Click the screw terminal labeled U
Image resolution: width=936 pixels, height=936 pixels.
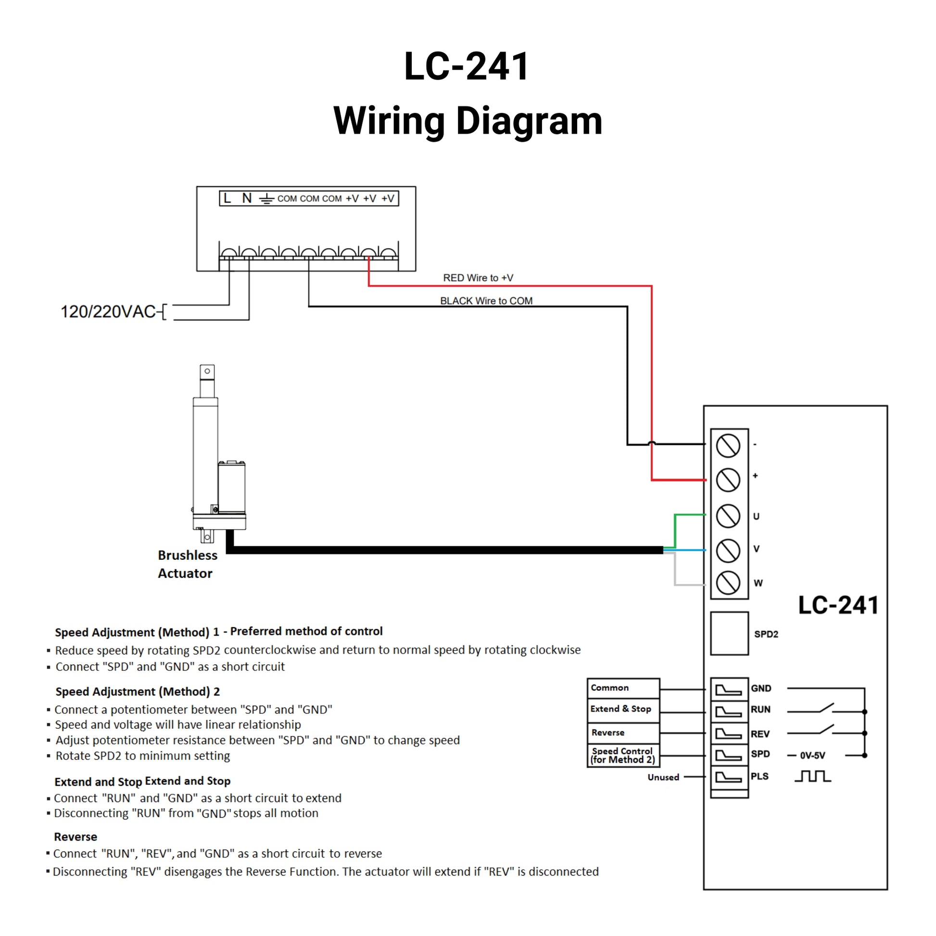(x=728, y=516)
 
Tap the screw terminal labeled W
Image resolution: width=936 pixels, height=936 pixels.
(x=728, y=582)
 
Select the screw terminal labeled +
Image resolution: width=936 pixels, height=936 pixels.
(x=728, y=480)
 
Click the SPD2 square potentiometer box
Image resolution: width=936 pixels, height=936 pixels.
(x=729, y=633)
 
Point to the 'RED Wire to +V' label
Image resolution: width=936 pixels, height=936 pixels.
(x=478, y=278)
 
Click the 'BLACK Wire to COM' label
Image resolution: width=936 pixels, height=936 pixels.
(x=486, y=301)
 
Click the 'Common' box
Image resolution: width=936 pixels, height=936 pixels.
(x=623, y=688)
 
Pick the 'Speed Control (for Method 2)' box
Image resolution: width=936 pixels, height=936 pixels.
(x=623, y=755)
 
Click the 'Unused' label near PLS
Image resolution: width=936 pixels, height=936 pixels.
(x=663, y=777)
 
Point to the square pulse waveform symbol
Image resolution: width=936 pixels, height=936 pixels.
(x=812, y=777)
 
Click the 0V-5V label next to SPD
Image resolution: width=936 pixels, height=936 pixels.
(x=812, y=755)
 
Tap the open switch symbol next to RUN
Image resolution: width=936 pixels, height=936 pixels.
(x=825, y=708)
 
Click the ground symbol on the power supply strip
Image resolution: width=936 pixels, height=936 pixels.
(x=266, y=199)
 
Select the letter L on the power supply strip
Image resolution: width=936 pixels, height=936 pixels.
(x=227, y=198)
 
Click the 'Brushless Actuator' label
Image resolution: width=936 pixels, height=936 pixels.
(x=187, y=564)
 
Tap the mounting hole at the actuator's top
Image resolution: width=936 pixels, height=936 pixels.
(x=207, y=371)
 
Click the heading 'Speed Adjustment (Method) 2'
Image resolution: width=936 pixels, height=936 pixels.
(x=137, y=691)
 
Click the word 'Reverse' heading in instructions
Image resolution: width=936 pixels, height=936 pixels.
(x=75, y=837)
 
